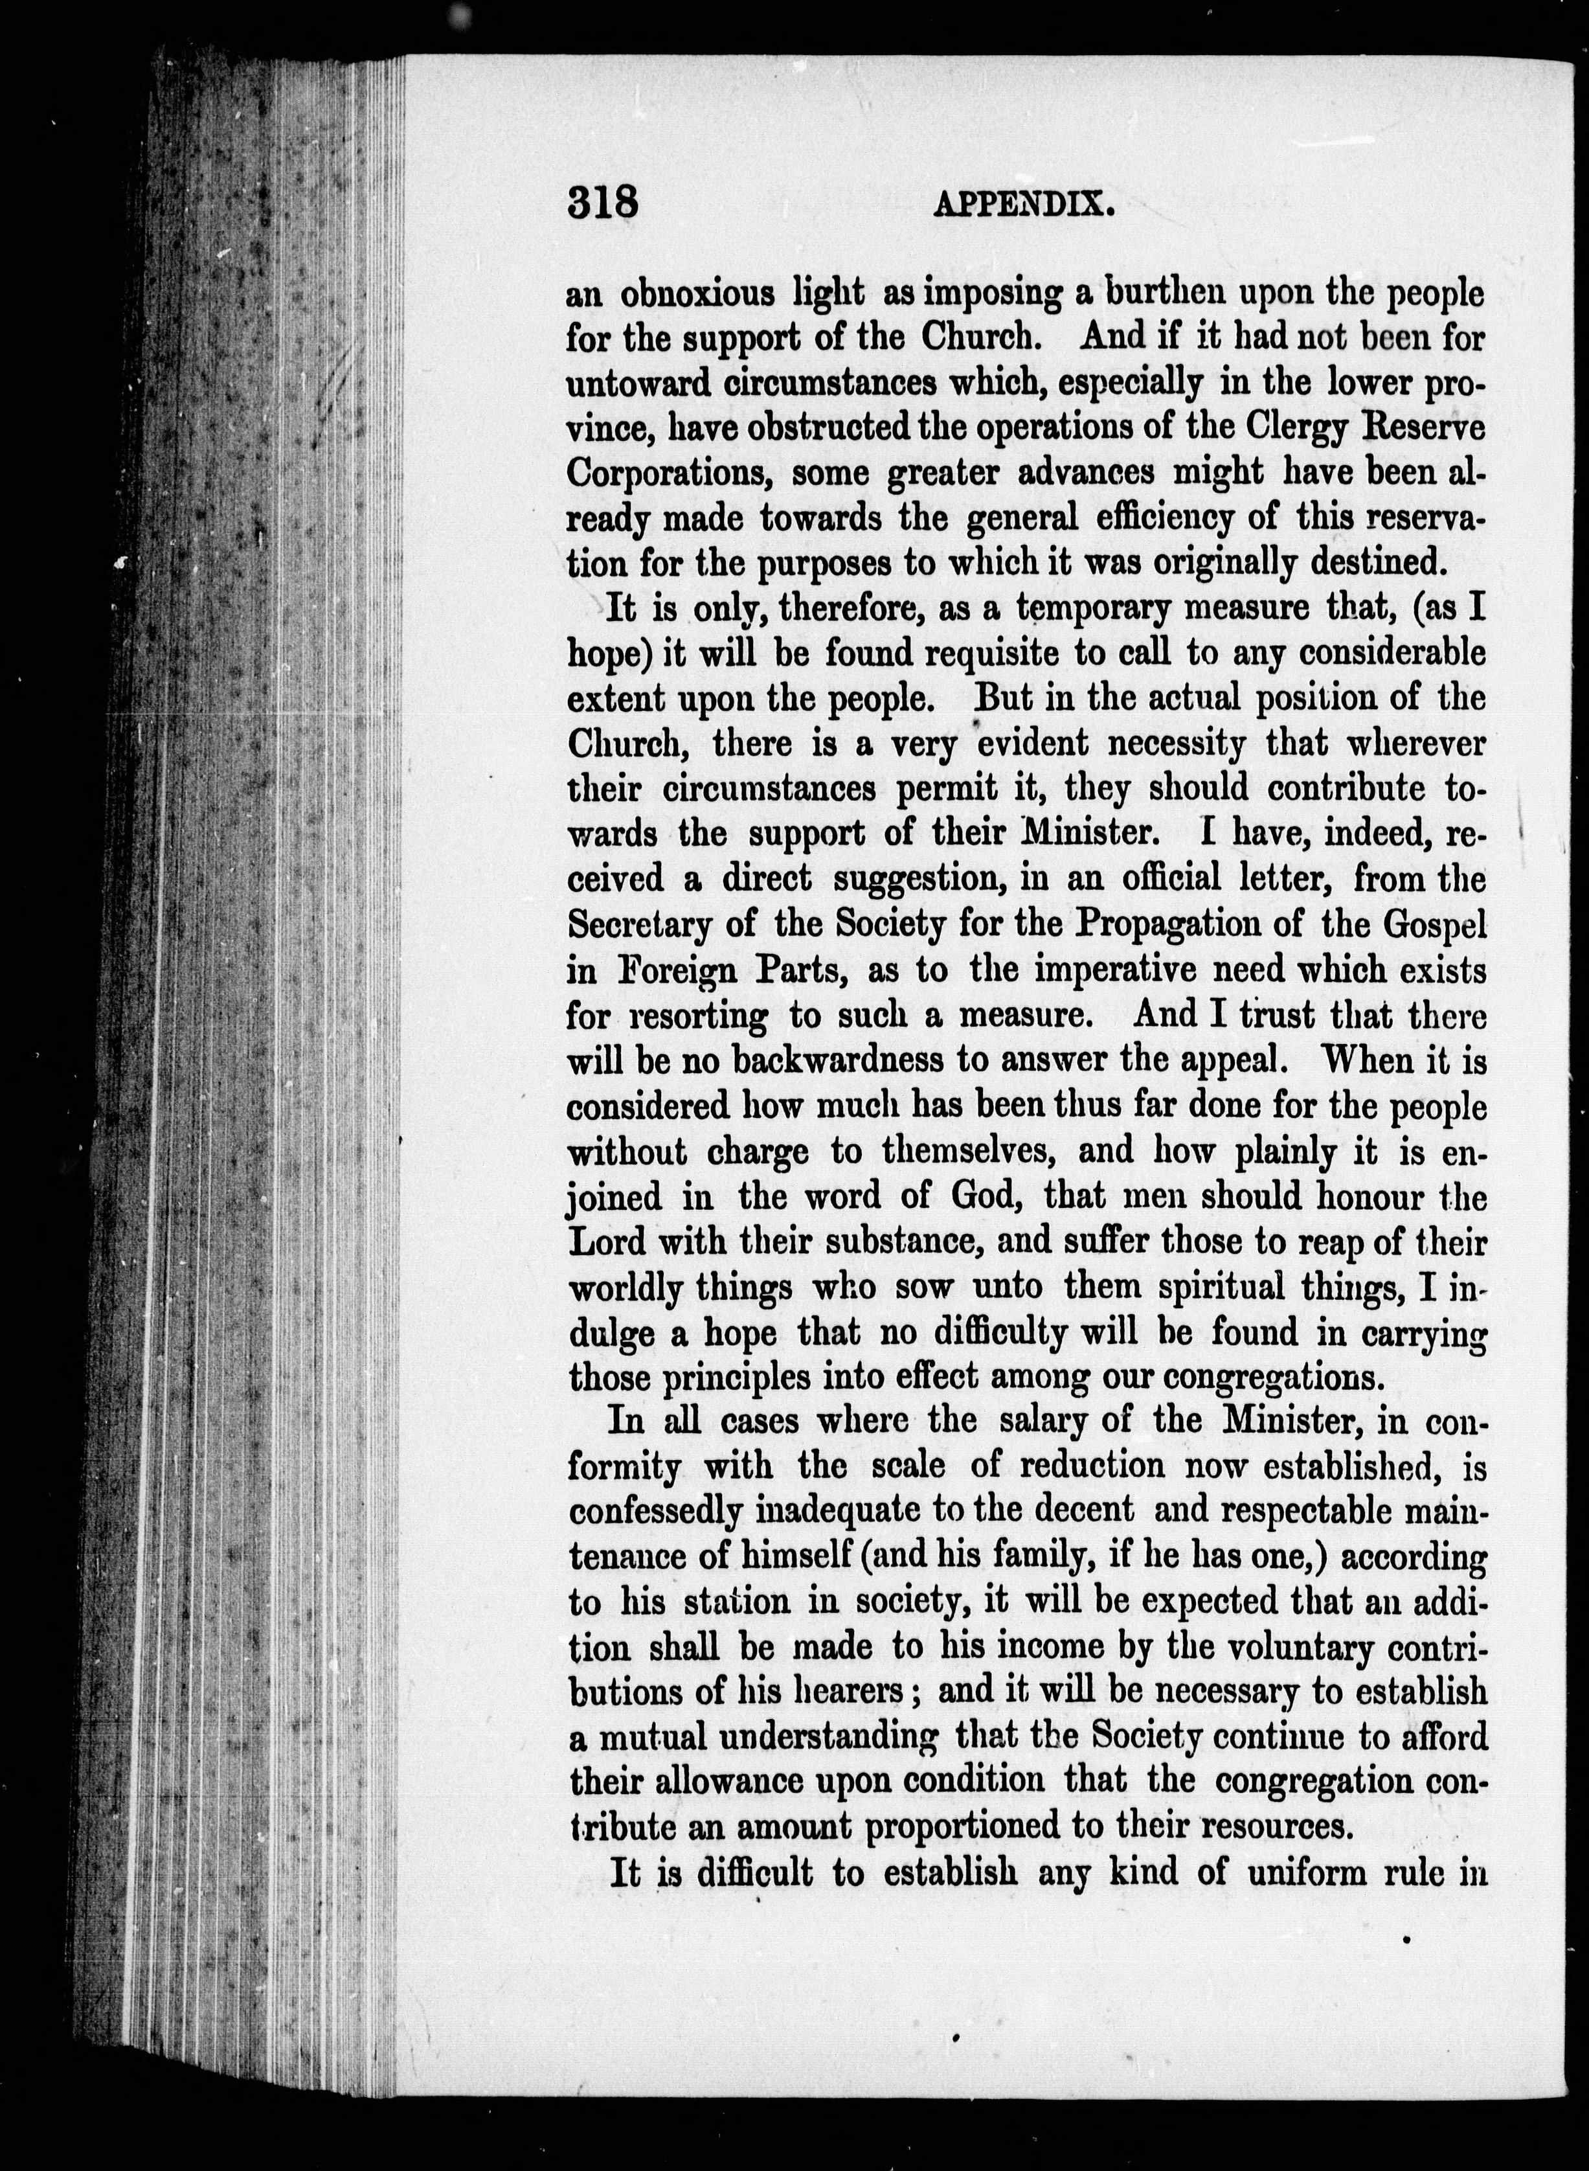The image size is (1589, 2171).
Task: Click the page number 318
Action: tap(603, 204)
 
